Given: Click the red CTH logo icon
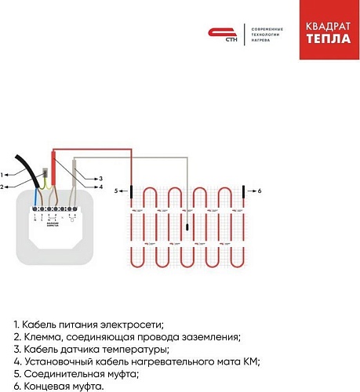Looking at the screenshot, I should point(217,33).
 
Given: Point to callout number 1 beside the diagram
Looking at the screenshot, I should point(3,174).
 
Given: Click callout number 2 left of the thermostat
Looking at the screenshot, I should point(3,186).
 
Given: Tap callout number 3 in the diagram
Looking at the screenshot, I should point(101,178).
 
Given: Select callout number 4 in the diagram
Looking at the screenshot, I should point(101,187).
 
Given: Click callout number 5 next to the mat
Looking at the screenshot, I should point(118,191).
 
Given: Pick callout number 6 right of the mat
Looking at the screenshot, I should point(259,191).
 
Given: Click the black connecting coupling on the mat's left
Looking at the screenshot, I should point(132,191).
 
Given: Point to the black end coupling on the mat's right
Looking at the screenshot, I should point(244,191).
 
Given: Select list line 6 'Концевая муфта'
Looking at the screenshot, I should point(58,385).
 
